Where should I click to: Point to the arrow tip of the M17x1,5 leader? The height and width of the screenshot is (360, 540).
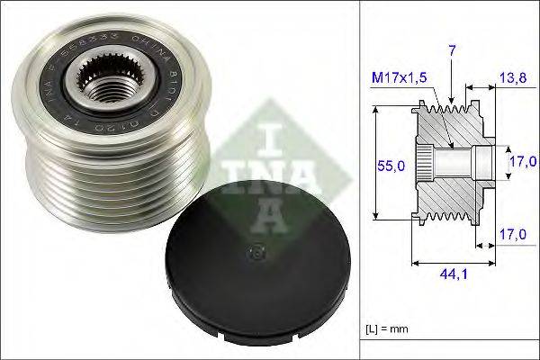pos(448,143)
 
